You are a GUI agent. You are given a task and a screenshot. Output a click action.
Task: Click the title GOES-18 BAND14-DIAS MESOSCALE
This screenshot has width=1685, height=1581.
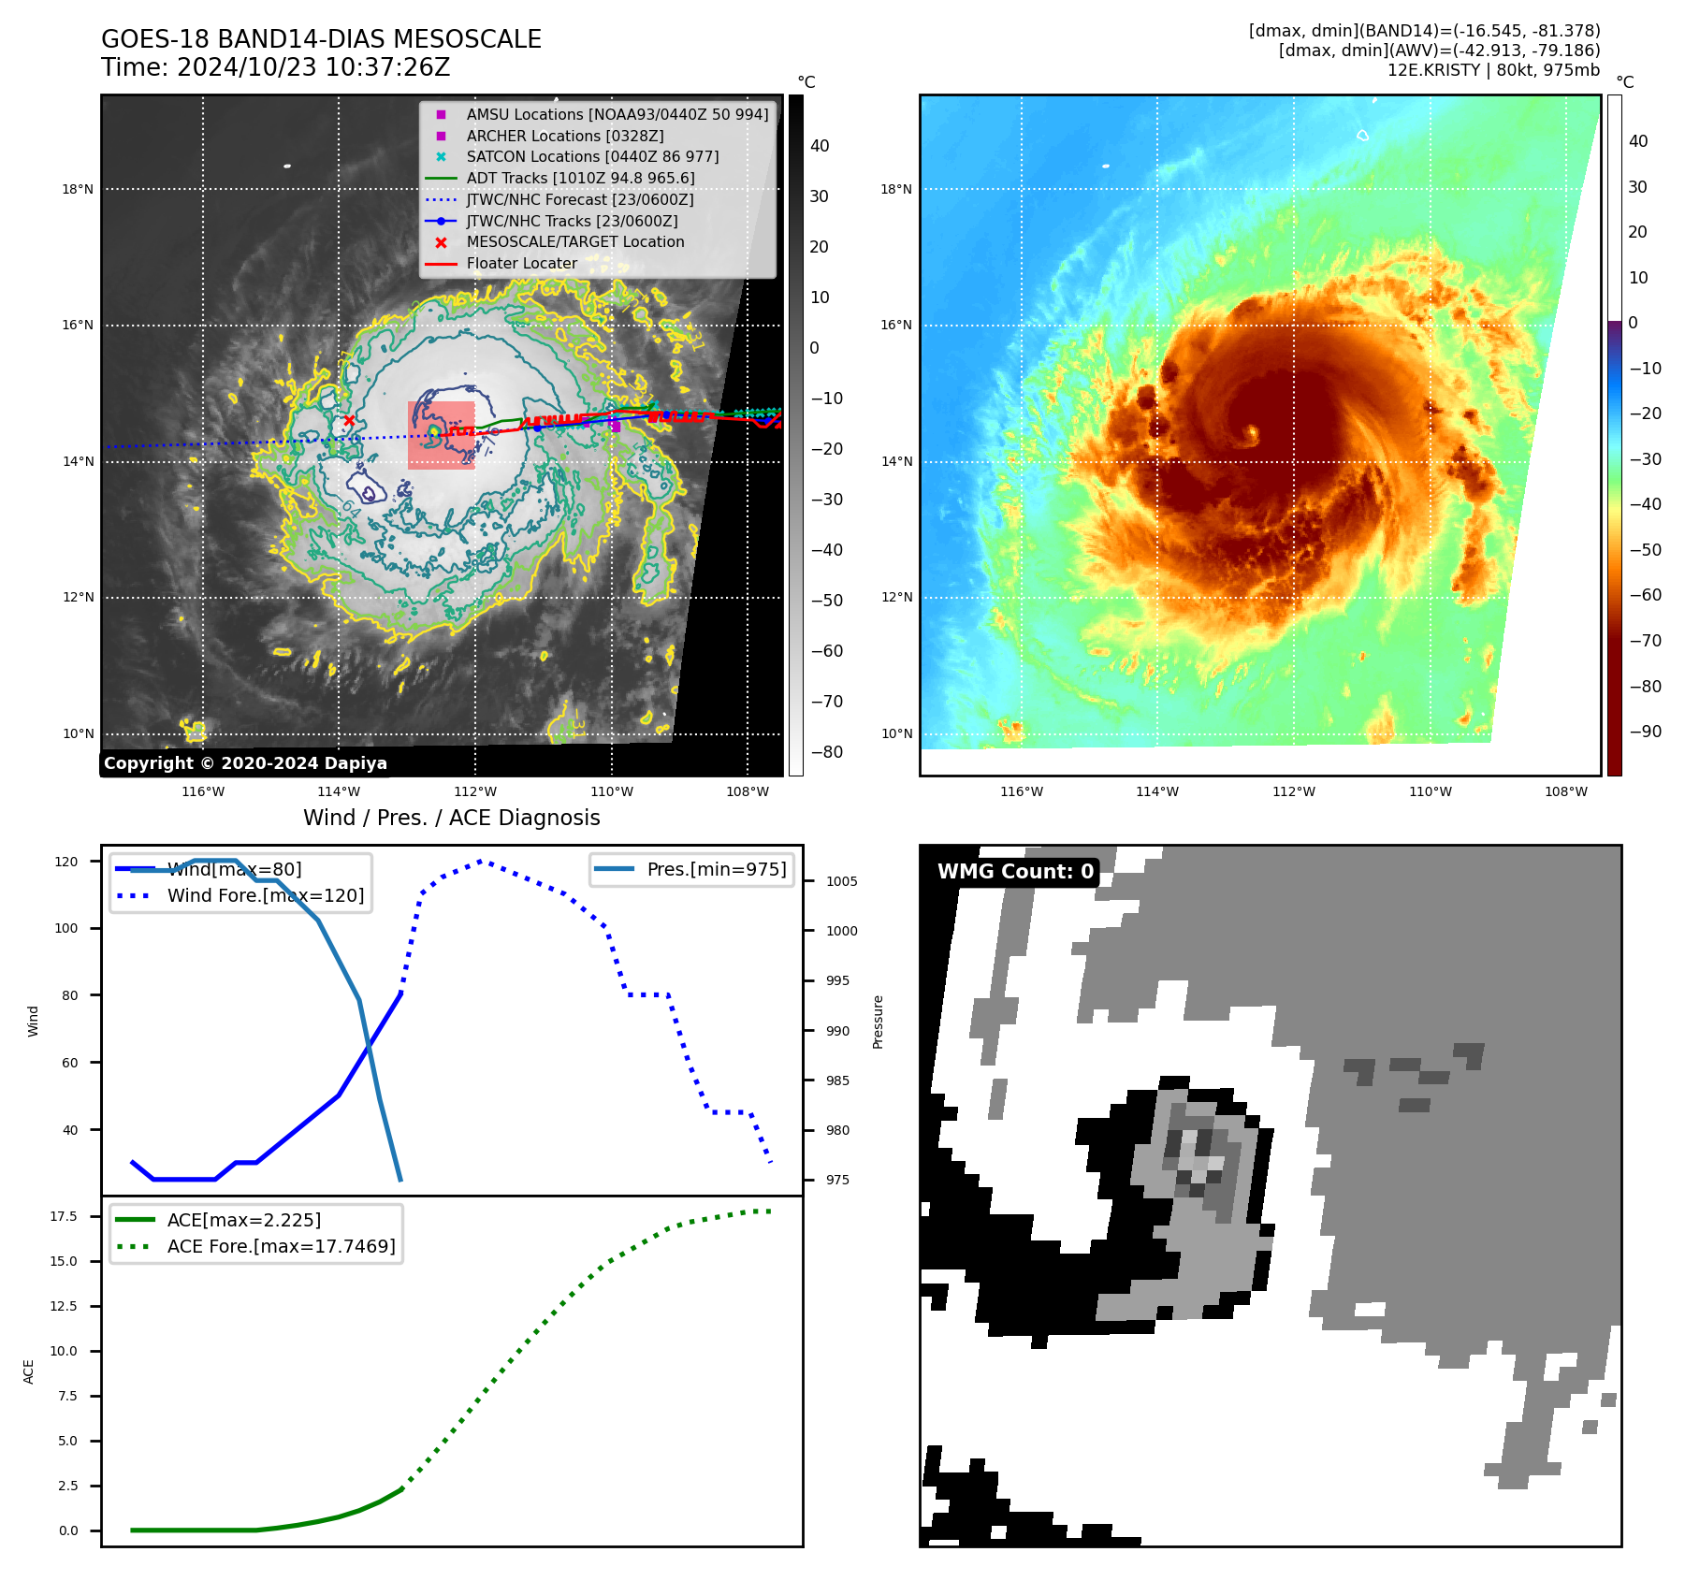coord(321,39)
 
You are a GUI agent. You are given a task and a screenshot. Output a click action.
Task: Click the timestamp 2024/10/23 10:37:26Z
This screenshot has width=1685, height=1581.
coord(313,68)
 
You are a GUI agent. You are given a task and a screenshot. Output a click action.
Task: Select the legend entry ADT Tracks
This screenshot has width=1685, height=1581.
coord(580,178)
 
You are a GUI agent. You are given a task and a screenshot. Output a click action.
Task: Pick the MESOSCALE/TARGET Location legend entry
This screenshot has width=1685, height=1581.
coord(574,242)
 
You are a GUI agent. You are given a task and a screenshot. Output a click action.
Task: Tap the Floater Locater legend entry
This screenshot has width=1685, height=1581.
coord(521,264)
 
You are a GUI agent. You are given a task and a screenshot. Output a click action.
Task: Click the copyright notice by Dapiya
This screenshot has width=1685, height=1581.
coord(245,763)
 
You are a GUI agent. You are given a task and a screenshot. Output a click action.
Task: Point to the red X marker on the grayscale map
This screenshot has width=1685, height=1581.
coord(349,421)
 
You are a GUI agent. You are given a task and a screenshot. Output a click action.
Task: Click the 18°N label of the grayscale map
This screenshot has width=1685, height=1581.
coord(78,190)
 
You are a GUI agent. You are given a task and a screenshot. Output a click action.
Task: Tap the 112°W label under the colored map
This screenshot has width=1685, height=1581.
coord(1293,792)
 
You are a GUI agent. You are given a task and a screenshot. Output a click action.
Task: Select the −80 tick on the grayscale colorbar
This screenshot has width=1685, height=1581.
coord(826,752)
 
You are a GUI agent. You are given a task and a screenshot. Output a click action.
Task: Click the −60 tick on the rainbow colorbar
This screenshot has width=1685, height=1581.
coord(1645,595)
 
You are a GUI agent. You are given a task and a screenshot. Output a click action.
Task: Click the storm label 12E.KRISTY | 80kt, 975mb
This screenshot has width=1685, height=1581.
coord(1493,70)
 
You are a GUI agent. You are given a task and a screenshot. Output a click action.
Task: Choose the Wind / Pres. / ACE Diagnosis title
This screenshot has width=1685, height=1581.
coord(451,819)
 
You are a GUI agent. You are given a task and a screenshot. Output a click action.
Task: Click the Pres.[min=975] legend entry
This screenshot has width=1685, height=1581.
coord(716,870)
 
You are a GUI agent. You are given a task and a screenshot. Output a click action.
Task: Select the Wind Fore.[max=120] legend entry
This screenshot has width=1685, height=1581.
coord(265,896)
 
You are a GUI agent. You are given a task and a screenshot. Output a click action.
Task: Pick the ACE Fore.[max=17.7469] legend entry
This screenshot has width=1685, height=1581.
coord(281,1247)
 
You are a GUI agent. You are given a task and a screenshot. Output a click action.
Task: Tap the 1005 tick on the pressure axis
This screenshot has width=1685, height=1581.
coord(841,881)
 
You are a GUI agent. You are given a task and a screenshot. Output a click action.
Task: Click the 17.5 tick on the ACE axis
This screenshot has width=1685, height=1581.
coord(64,1217)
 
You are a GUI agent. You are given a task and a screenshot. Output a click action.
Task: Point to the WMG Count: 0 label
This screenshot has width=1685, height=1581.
coord(1015,872)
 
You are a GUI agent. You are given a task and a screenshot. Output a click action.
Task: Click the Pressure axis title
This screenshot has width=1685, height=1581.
coord(878,1022)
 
